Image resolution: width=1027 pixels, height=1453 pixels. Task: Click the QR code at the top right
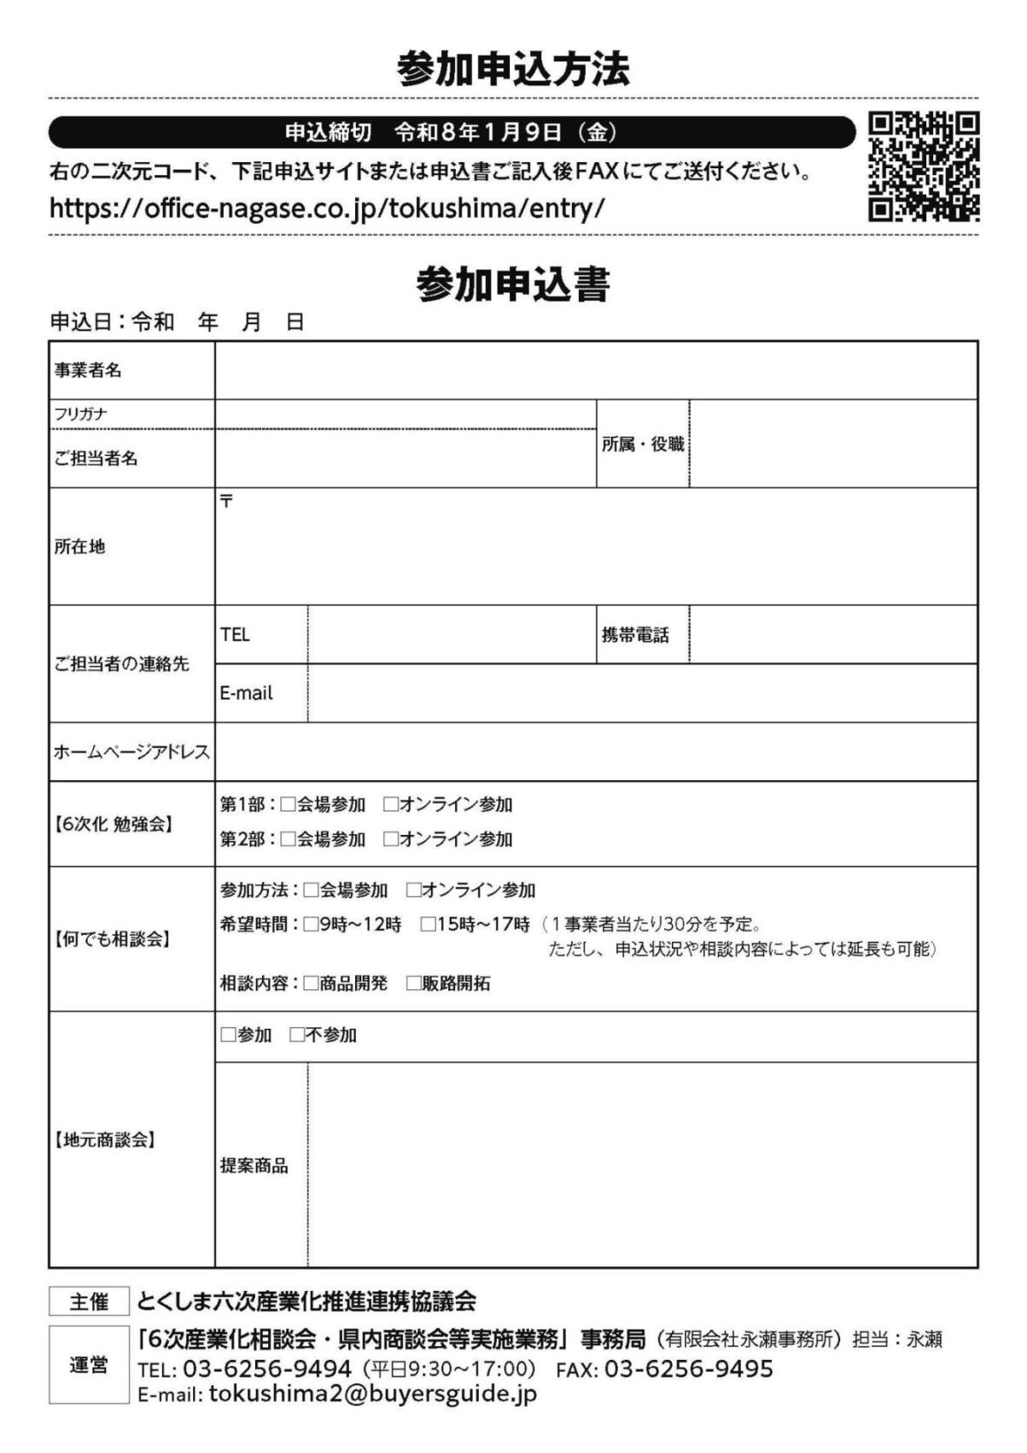click(x=923, y=166)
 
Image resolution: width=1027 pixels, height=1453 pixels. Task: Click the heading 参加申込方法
click(x=513, y=69)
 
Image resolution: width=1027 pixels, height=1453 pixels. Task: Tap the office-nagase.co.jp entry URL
click(x=327, y=208)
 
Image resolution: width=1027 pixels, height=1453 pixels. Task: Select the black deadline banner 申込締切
click(x=451, y=132)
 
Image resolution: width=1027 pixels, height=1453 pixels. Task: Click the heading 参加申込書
click(x=513, y=284)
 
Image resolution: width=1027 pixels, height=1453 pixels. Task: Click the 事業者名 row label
click(x=88, y=371)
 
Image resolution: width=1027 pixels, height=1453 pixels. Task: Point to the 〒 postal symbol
click(x=226, y=501)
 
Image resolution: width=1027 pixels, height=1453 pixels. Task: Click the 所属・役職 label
click(x=642, y=444)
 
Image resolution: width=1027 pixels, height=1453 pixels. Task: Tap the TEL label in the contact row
click(x=235, y=634)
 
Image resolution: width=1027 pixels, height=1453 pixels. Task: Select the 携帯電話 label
click(x=635, y=634)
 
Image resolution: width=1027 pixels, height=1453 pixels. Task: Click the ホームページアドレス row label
click(x=131, y=752)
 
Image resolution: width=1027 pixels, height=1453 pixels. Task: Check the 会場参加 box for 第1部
click(x=289, y=804)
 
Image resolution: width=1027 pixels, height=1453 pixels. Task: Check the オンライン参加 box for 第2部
click(x=391, y=839)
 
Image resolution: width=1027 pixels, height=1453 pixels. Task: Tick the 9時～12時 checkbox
click(x=311, y=925)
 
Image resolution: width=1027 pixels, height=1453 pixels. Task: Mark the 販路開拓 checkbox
click(x=413, y=983)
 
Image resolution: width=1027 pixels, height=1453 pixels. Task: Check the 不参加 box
click(x=297, y=1035)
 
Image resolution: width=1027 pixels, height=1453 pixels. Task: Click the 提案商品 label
click(x=254, y=1165)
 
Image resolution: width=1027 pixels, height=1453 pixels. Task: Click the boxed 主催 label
click(x=89, y=1301)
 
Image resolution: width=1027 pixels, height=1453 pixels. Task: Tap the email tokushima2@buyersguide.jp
click(x=372, y=1394)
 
